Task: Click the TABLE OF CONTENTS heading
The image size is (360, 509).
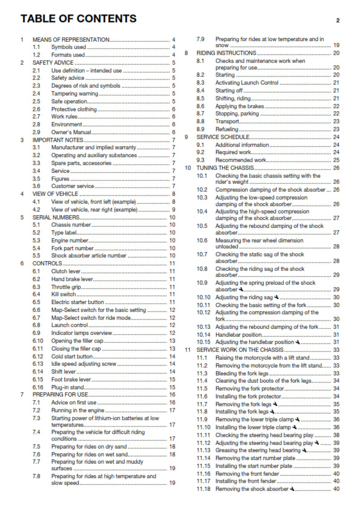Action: click(x=78, y=19)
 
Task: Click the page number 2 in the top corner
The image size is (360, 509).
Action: click(x=338, y=20)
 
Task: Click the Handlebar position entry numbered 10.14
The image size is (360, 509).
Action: click(x=238, y=334)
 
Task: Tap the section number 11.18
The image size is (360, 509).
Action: click(x=203, y=488)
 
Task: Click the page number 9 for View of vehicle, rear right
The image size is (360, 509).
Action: click(x=174, y=209)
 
